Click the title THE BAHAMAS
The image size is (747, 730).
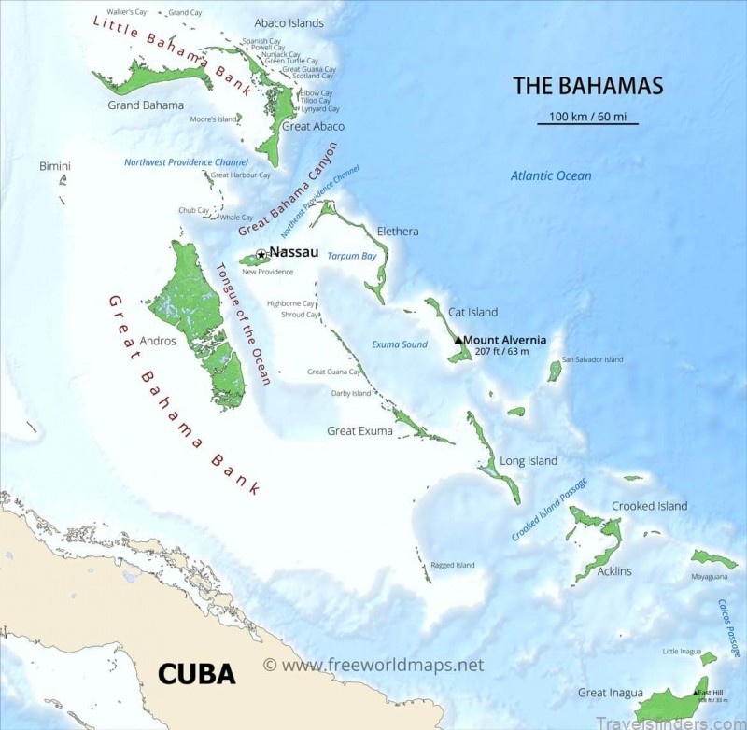(587, 86)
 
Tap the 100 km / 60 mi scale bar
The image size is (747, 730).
(587, 122)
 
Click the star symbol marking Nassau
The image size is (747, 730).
(261, 254)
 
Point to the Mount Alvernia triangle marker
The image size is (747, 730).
(458, 341)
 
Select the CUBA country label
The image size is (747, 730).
(196, 672)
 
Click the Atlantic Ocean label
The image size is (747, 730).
(550, 175)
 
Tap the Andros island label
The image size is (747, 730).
(157, 341)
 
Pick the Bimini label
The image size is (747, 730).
(55, 166)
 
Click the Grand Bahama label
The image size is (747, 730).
(145, 105)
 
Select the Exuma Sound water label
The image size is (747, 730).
(400, 344)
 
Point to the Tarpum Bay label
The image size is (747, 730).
(352, 256)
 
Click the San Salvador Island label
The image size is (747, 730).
(592, 359)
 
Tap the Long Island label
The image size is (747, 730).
(529, 460)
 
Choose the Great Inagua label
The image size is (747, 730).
(610, 693)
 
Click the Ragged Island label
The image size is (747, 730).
(453, 565)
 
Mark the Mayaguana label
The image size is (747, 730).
(710, 577)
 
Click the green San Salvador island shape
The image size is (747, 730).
(555, 372)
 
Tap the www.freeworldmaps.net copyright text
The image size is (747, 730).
(373, 666)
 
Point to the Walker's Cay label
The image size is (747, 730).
(128, 12)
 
